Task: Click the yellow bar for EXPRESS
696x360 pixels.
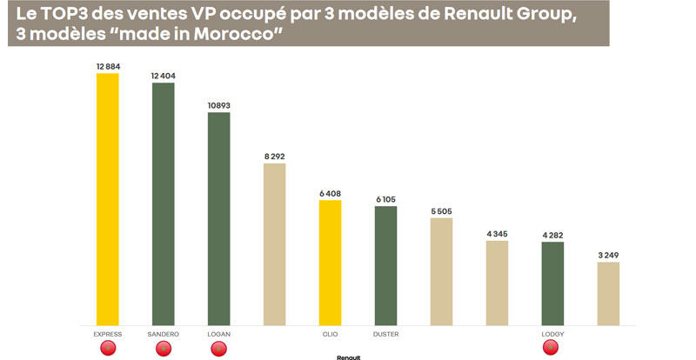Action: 107,200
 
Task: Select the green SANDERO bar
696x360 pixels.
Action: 163,204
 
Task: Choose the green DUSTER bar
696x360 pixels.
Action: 385,266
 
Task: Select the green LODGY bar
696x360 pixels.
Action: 552,283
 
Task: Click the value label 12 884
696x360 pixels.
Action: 108,66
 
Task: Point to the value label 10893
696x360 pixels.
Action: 218,105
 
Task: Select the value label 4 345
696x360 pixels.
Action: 497,233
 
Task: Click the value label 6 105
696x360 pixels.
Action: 385,199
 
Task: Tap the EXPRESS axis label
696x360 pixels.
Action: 107,333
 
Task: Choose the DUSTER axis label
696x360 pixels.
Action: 385,333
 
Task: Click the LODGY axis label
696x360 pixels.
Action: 552,333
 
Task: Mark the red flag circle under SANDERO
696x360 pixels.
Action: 163,349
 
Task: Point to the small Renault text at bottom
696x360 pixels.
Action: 347,357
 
